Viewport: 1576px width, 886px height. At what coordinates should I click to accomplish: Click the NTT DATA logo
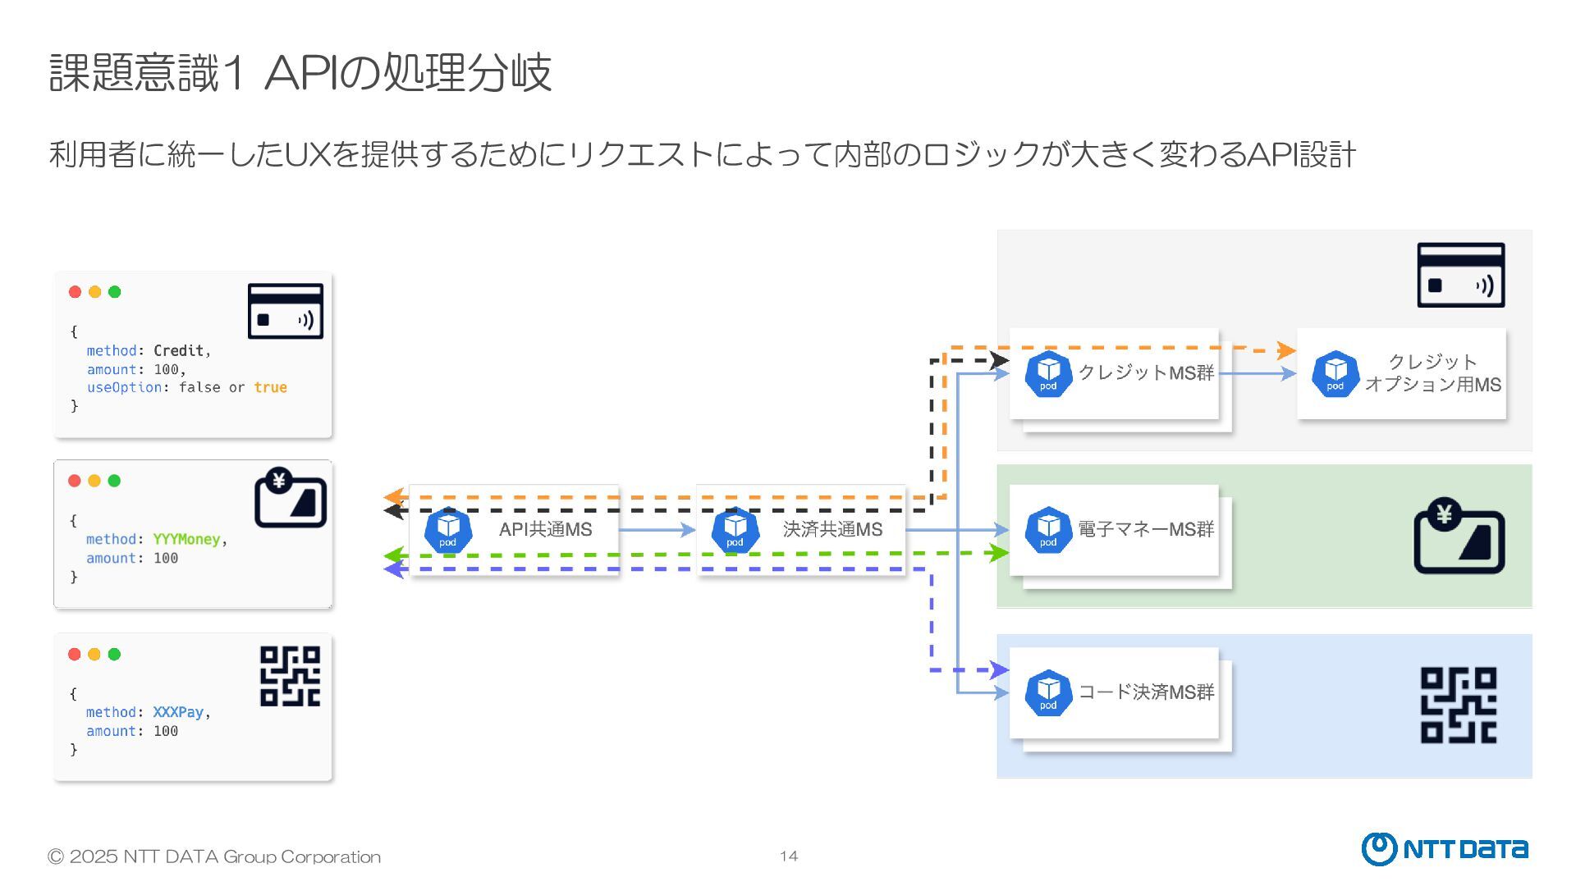[1445, 849]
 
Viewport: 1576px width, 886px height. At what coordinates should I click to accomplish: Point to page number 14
[788, 856]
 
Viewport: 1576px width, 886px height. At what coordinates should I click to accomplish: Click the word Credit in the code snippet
[178, 351]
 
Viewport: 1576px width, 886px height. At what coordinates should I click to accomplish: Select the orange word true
[270, 387]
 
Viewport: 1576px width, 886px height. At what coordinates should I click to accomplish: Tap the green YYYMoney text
[186, 539]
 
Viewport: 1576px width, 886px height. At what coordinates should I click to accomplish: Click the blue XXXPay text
[178, 712]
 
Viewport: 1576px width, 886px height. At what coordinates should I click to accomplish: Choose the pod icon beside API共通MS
[447, 531]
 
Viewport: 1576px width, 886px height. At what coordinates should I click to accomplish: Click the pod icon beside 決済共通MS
[735, 531]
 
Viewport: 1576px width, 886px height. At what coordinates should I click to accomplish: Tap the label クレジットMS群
[1146, 373]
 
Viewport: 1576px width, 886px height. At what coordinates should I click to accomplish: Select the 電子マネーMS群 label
[1146, 530]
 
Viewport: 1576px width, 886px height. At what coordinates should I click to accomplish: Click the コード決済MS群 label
[1146, 692]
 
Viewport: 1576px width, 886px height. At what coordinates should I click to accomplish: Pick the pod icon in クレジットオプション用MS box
[1335, 374]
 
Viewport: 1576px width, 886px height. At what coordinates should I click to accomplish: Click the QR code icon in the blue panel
[1459, 706]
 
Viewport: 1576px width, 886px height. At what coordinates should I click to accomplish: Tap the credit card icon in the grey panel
[1460, 276]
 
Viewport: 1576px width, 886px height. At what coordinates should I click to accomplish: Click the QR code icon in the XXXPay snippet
[290, 676]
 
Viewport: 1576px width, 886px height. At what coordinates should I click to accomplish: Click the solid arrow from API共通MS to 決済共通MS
[657, 530]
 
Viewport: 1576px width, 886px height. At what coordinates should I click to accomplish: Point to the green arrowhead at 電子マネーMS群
[999, 553]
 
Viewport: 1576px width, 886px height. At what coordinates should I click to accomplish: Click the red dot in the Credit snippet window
[75, 292]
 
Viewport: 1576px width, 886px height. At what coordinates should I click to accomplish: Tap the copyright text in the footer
[214, 857]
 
